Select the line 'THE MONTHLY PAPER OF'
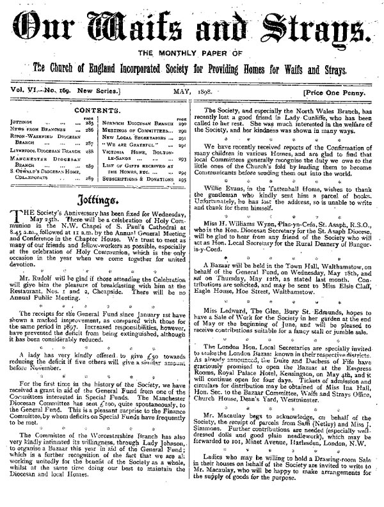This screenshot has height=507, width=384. tap(192, 53)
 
